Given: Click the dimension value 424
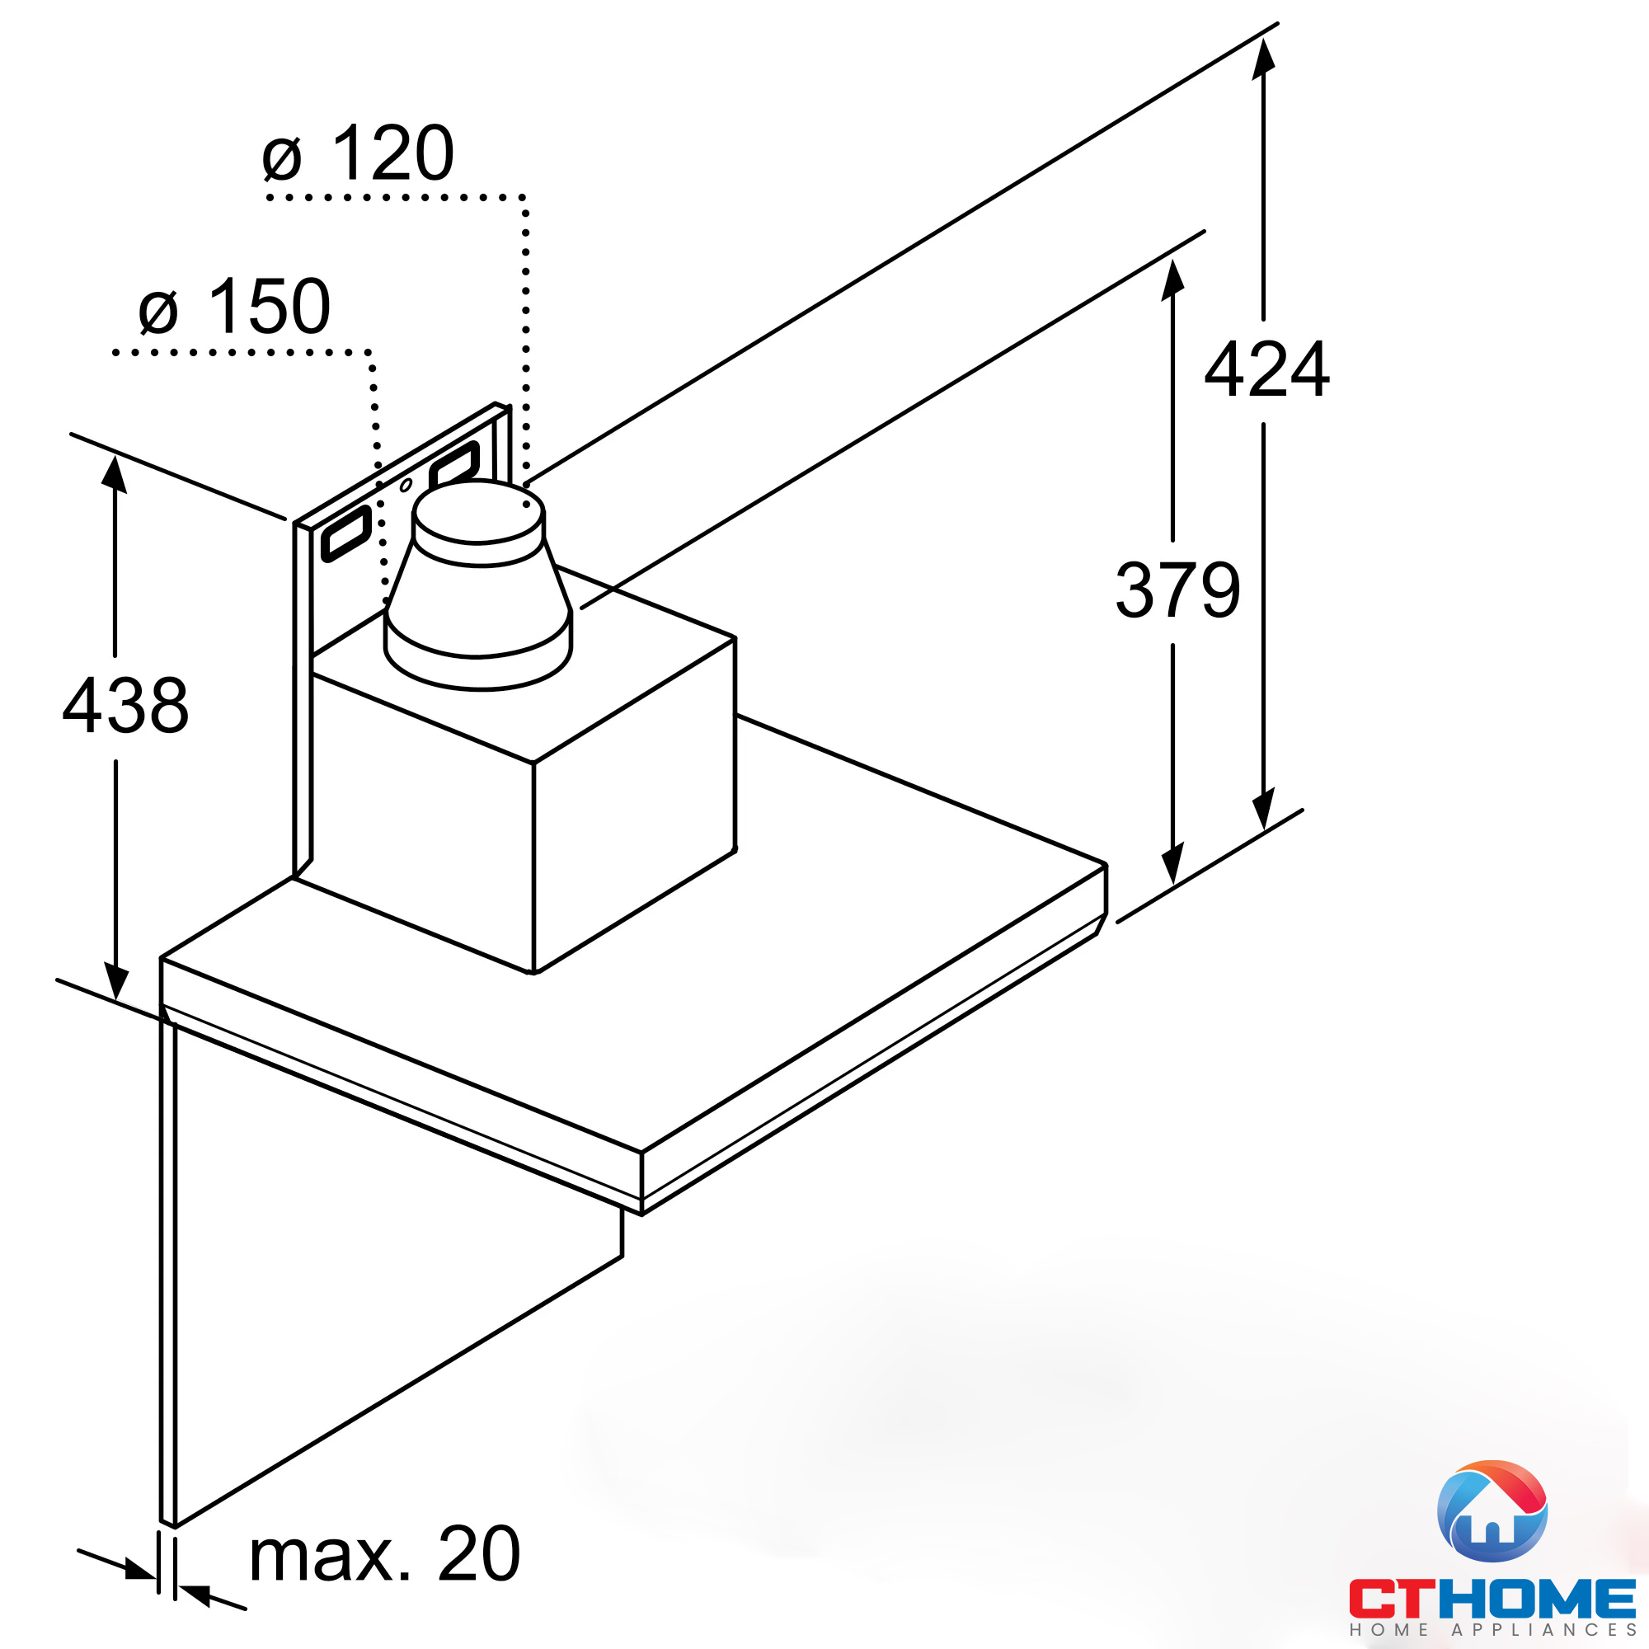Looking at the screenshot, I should (x=1266, y=369).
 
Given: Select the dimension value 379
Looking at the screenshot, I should (x=1178, y=590).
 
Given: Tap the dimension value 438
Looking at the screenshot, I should (x=125, y=706).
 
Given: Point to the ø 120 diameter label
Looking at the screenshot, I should (x=358, y=153).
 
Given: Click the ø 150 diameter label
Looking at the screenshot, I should (x=234, y=308).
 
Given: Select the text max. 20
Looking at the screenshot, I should (x=384, y=1554).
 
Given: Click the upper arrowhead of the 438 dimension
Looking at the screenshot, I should (x=115, y=475).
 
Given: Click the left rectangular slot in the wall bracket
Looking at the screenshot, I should (x=345, y=534).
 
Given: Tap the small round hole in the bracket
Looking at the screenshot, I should (x=406, y=486).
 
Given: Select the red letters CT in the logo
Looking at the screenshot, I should (x=1390, y=1598).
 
